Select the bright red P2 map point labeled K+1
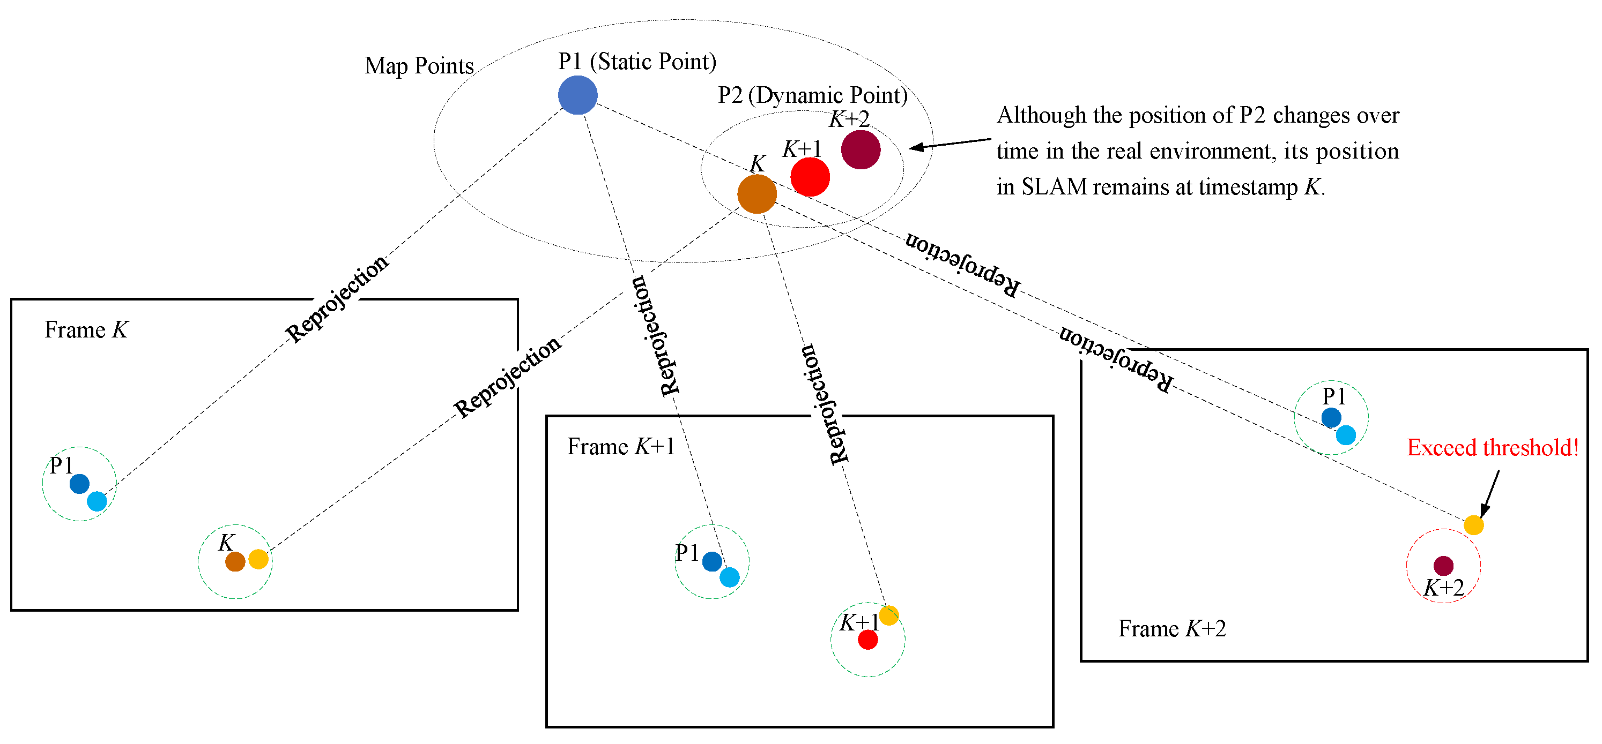click(810, 177)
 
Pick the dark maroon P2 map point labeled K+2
click(860, 149)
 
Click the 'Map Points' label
click(419, 66)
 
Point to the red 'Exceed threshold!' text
click(1492, 447)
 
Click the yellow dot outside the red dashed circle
click(1473, 525)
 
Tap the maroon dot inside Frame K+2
click(1443, 566)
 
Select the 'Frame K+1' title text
click(621, 446)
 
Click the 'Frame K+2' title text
click(1171, 628)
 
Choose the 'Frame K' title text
click(86, 329)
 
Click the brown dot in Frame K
click(235, 561)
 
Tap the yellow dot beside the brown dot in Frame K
click(258, 559)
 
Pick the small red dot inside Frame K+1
click(867, 640)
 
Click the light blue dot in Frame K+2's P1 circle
click(1345, 434)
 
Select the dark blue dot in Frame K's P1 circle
click(79, 484)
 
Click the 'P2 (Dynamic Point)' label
click(812, 95)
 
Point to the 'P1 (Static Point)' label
click(637, 62)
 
